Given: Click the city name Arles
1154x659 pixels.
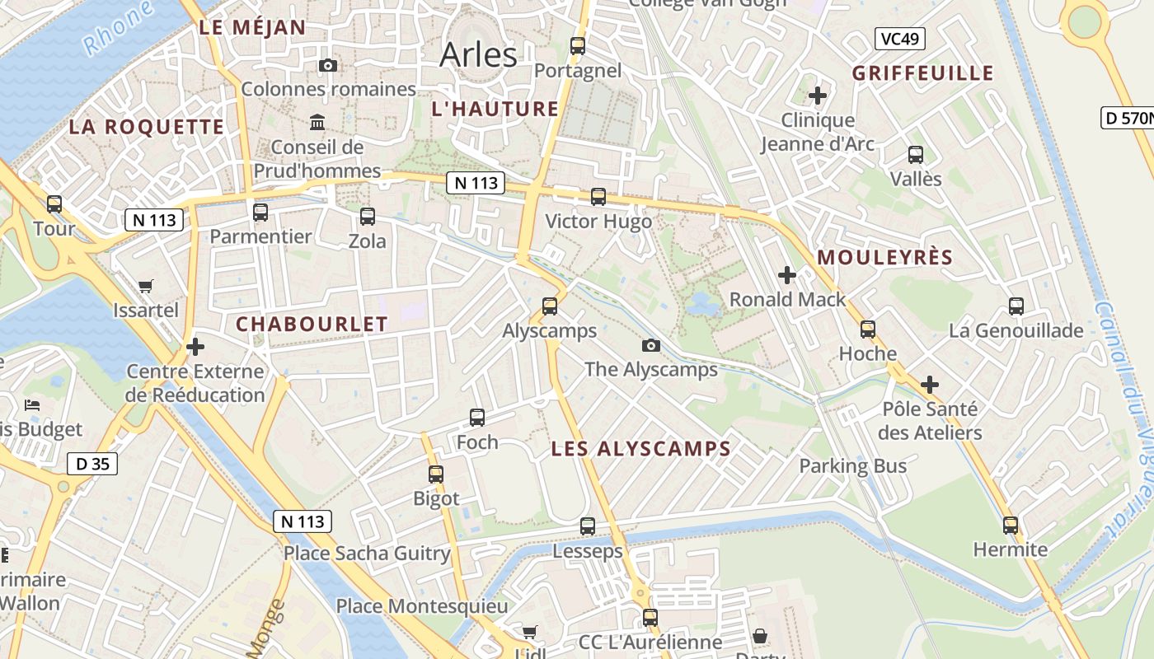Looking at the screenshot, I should click(x=478, y=55).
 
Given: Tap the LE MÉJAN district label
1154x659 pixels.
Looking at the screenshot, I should click(x=252, y=27).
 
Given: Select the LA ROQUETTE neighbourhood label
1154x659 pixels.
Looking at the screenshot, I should click(x=146, y=127).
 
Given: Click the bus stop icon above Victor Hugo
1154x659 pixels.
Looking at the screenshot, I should click(x=598, y=197).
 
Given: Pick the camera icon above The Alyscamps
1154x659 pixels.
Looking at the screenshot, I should click(x=651, y=345).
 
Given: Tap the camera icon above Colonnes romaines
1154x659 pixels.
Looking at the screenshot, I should click(x=328, y=65).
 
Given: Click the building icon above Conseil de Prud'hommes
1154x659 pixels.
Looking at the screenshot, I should click(x=317, y=124).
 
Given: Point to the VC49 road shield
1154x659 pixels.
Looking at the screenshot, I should click(x=899, y=39).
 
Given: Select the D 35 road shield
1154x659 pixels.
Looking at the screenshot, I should click(x=92, y=464).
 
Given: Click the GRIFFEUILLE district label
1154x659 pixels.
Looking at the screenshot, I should click(x=922, y=73).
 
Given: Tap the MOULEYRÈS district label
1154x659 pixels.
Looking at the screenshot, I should click(x=884, y=258).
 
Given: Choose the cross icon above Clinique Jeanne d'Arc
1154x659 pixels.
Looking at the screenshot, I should click(x=817, y=96).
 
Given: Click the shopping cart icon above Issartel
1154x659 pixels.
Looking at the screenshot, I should click(x=146, y=287).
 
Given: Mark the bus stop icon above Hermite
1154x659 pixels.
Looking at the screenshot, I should click(x=1011, y=525).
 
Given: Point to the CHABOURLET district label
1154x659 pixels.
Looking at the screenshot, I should click(x=312, y=325).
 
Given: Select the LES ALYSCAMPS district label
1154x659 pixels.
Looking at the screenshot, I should click(x=640, y=449).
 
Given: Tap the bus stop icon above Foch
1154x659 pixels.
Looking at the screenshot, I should click(x=477, y=418).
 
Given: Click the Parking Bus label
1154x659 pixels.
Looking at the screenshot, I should click(x=852, y=466).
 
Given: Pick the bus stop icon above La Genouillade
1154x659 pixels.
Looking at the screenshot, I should click(x=1016, y=306).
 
